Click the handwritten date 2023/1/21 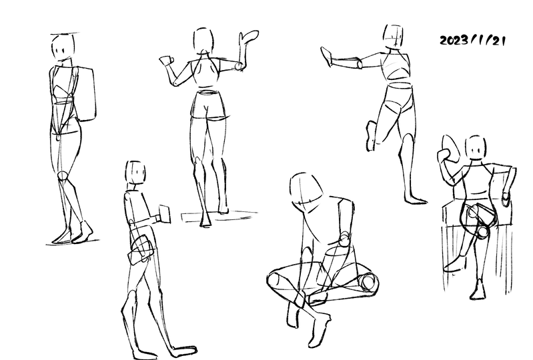(472, 41)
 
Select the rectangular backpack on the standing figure (85, 94)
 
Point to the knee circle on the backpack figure (63, 175)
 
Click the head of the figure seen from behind (203, 41)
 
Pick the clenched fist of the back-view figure (166, 61)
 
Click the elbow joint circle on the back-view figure (239, 66)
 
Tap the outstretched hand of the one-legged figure (327, 56)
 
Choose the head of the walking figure (135, 172)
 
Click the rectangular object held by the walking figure (165, 214)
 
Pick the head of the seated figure (476, 147)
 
